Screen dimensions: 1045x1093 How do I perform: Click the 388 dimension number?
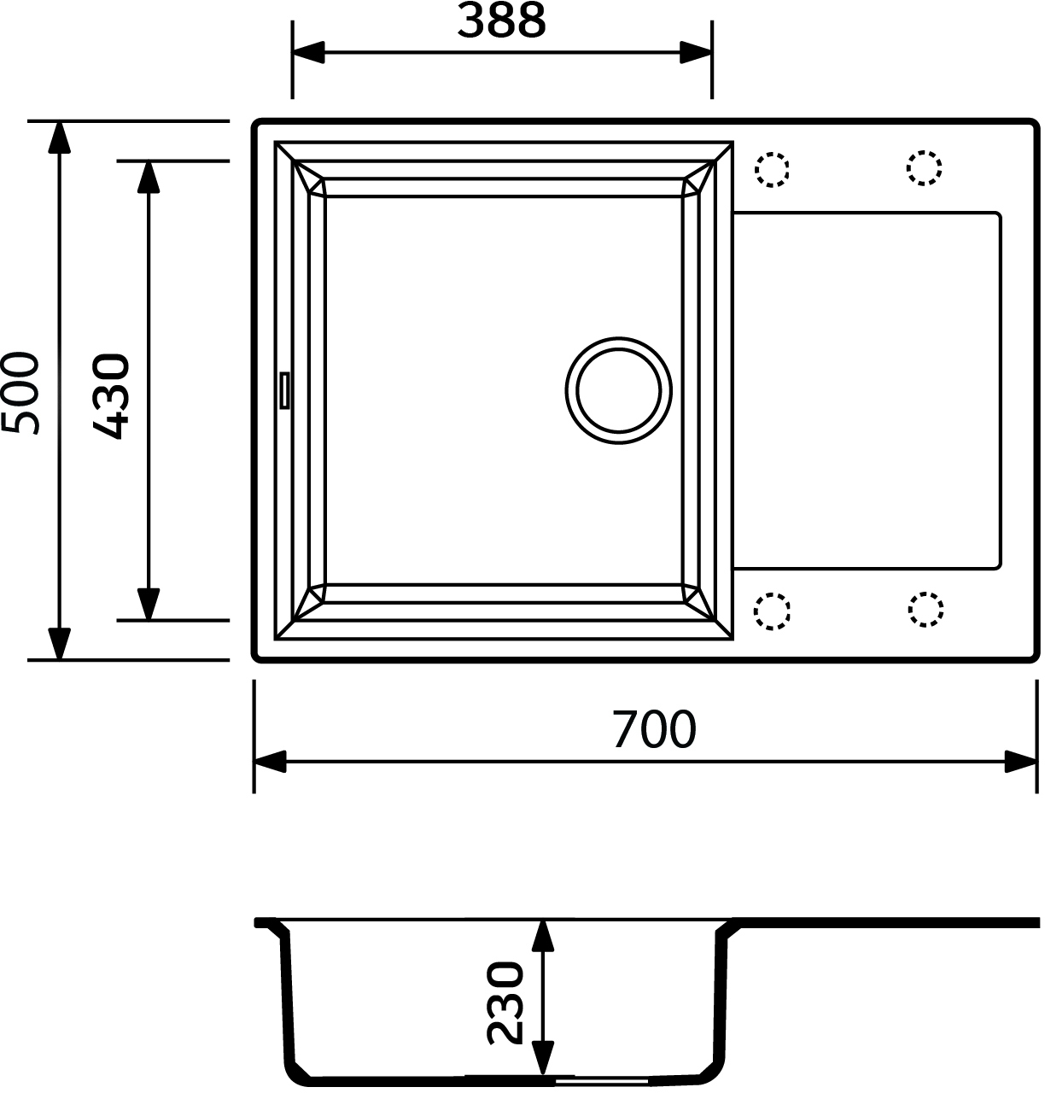point(501,21)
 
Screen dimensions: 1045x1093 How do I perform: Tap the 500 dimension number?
point(20,393)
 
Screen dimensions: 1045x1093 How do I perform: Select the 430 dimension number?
point(111,396)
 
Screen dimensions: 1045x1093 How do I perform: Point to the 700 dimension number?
point(654,729)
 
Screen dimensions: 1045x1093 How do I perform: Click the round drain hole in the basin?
point(618,391)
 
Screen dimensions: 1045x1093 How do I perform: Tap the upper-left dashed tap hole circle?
point(772,169)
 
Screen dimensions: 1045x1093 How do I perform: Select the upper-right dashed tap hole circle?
point(925,168)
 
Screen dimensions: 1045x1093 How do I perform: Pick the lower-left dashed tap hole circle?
point(772,611)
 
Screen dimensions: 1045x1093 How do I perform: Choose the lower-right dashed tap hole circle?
point(925,610)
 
